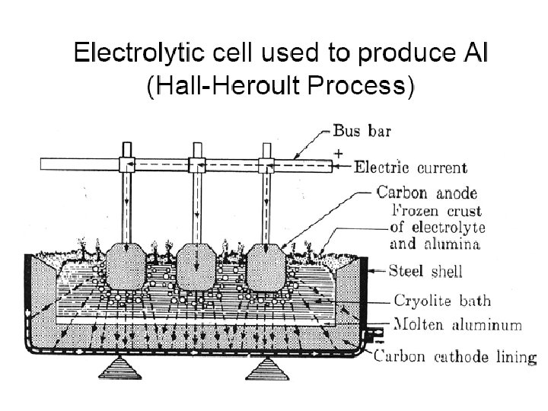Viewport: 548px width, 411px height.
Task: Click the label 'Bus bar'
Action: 362,131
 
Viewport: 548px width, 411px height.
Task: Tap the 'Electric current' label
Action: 411,165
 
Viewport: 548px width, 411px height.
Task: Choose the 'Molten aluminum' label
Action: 457,325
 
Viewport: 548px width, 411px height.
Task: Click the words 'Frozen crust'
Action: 437,211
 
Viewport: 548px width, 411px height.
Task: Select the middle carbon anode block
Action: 197,268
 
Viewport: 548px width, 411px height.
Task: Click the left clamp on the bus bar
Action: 126,164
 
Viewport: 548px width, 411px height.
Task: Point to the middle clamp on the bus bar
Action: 198,164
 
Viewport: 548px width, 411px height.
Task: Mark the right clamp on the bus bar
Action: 266,164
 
